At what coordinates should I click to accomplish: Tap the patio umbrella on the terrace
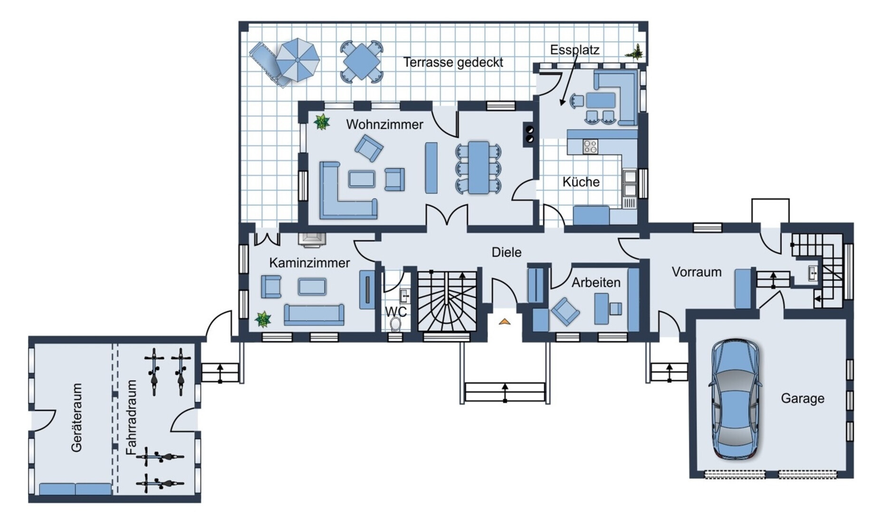[297, 60]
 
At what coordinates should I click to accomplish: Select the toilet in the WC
[395, 324]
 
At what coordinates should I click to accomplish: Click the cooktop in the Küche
[590, 147]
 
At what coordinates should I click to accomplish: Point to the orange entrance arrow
[505, 322]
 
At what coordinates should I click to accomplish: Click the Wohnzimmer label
[384, 124]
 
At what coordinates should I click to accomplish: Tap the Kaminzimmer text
[309, 263]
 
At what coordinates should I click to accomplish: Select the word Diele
[506, 252]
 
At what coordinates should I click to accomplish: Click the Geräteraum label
[77, 418]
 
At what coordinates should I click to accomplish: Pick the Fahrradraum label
[132, 418]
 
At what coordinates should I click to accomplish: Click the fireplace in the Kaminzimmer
[312, 240]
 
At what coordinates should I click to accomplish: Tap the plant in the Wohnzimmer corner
[322, 122]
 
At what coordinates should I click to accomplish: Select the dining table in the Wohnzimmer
[479, 168]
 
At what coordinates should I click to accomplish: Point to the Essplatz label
[575, 50]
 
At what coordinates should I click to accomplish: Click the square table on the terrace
[361, 62]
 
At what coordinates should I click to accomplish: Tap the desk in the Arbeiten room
[601, 309]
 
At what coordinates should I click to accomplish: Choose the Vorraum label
[697, 272]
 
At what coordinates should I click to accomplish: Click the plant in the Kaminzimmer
[263, 319]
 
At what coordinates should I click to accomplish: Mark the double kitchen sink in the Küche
[630, 183]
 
